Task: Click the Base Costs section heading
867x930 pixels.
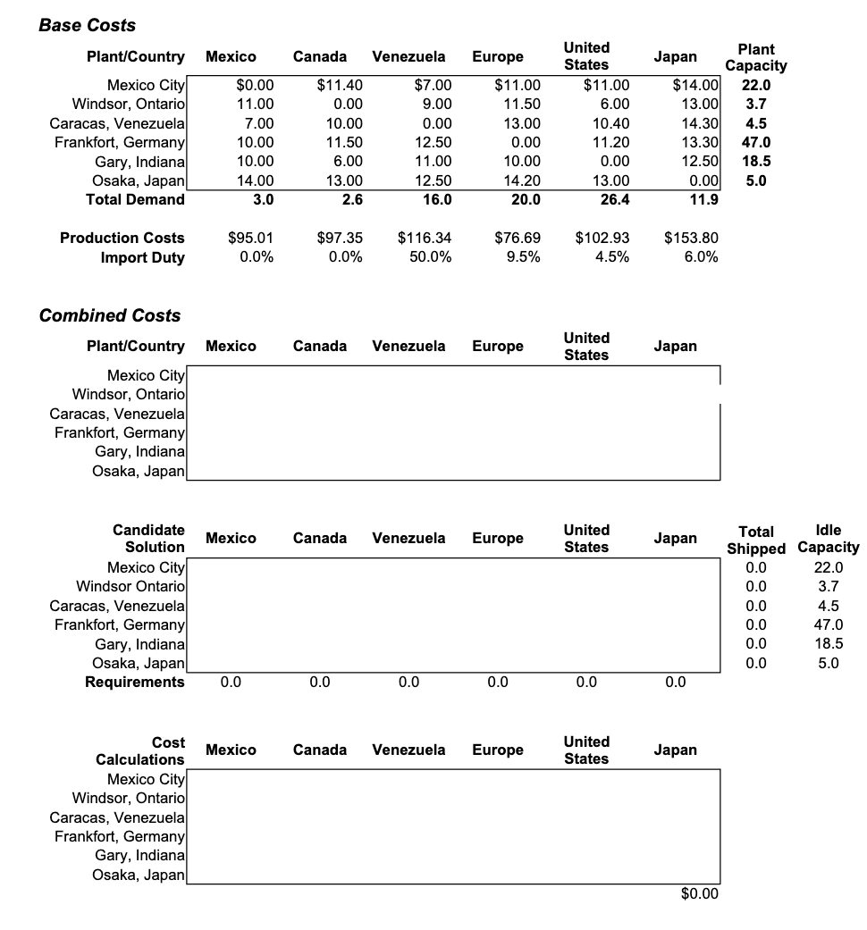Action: pos(87,26)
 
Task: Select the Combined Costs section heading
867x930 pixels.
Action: pos(109,315)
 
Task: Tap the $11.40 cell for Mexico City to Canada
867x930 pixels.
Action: pos(340,86)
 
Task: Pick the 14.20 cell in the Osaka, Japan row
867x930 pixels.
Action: pos(522,180)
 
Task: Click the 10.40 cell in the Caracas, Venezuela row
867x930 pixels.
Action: pos(610,123)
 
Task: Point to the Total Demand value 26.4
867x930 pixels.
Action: pos(614,199)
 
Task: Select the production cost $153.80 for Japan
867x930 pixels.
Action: pos(691,238)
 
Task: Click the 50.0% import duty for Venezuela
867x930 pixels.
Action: pos(428,257)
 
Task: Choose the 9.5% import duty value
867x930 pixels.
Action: pos(522,257)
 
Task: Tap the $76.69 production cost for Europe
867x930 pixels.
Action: pos(518,238)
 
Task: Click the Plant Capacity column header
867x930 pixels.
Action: pos(755,57)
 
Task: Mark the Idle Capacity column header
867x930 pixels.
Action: pos(828,539)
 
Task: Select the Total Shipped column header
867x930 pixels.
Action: pos(756,540)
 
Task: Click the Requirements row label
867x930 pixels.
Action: pos(134,683)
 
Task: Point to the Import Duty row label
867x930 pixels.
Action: pos(142,257)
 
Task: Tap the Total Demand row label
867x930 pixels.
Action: pos(135,199)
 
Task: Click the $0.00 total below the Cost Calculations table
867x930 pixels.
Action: pos(699,894)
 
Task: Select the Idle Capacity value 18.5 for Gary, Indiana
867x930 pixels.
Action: pos(829,644)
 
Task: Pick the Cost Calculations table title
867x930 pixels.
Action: pos(140,750)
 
